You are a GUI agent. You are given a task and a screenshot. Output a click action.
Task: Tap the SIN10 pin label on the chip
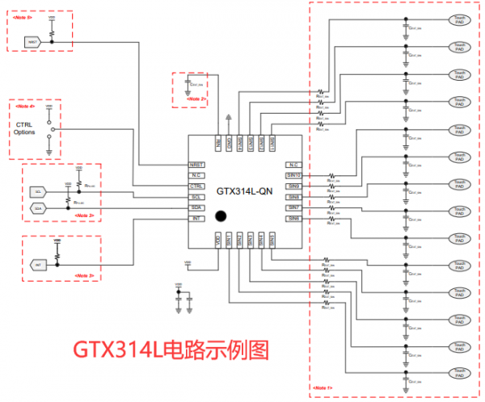[294, 175]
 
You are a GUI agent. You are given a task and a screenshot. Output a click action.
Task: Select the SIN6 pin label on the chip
[293, 219]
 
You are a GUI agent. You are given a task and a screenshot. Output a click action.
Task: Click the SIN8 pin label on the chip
[293, 197]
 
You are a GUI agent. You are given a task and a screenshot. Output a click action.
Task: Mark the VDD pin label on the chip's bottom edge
[217, 239]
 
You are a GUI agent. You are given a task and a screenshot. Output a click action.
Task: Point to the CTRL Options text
[25, 128]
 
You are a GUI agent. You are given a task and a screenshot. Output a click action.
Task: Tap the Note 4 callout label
[26, 107]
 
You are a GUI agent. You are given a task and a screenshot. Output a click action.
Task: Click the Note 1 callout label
[322, 390]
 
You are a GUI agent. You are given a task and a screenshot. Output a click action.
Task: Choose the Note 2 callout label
[198, 99]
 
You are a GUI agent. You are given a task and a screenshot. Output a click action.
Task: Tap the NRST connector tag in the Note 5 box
[33, 40]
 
